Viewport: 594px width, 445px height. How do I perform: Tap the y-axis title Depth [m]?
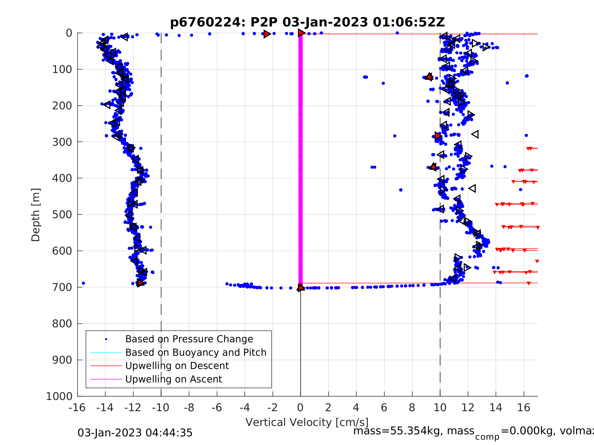point(36,215)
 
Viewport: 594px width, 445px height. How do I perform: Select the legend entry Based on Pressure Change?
point(189,339)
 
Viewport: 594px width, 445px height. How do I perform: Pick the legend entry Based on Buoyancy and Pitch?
point(196,352)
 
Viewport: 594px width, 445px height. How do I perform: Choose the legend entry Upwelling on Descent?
point(177,366)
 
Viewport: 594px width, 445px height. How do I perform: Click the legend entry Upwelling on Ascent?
point(173,379)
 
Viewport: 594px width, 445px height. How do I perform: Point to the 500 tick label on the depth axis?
point(62,215)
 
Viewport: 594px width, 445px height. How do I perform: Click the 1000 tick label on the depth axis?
point(59,396)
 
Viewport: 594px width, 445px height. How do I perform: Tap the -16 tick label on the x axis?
point(77,408)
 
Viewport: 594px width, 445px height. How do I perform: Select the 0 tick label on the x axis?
point(300,408)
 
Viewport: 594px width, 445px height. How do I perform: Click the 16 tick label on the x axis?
point(524,408)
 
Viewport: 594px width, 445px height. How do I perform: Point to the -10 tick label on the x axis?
point(161,408)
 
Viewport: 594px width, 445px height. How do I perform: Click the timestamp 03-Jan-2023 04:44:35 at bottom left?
point(135,433)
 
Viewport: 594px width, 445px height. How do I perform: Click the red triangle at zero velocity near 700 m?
point(300,288)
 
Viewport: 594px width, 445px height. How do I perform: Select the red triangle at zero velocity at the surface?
point(301,33)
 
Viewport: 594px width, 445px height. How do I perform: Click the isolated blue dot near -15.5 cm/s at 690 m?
point(83,283)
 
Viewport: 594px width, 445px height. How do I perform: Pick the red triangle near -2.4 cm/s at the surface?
point(267,34)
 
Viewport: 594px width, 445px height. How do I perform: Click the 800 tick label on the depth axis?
point(62,324)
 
